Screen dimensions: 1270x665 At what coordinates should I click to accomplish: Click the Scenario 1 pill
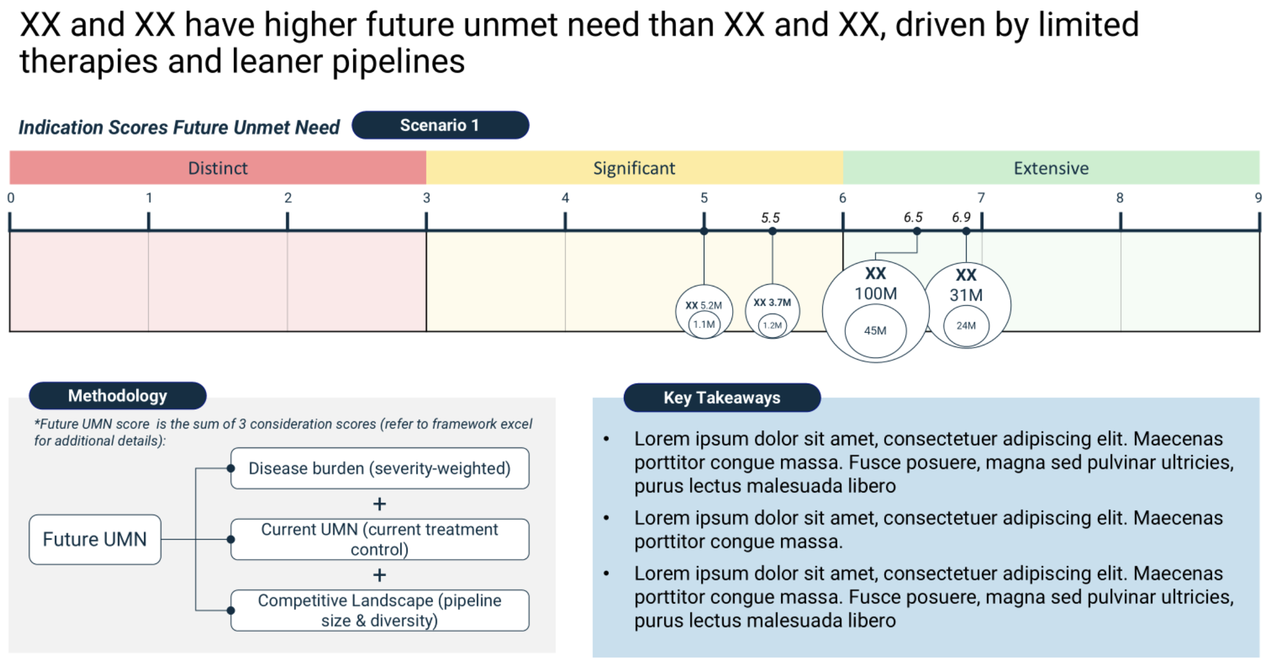pos(440,125)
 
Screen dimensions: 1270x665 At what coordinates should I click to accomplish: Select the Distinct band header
pos(218,168)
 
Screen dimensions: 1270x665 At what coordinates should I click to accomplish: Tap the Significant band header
pos(634,168)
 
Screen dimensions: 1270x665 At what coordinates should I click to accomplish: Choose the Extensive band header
pos(1051,168)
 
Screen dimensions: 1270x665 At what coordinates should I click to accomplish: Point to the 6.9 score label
pos(961,217)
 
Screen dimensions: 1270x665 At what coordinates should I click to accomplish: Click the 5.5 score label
pos(770,218)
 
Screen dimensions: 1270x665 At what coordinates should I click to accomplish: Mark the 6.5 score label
pos(913,217)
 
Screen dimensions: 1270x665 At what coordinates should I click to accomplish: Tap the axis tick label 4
pos(565,198)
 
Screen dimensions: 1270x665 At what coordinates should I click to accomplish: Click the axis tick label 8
pos(1120,198)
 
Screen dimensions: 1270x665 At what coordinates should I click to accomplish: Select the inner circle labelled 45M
pos(875,330)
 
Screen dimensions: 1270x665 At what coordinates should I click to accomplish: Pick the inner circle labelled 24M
pos(966,326)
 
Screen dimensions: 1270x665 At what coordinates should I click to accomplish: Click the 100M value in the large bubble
pos(876,294)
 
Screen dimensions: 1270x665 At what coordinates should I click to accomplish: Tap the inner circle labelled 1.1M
pos(704,324)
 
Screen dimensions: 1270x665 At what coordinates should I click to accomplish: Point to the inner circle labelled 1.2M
pos(773,325)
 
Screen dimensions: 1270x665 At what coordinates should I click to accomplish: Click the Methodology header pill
pos(118,396)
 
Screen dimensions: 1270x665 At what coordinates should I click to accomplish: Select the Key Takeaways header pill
pos(722,397)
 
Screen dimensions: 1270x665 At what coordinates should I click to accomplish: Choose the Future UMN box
pos(95,539)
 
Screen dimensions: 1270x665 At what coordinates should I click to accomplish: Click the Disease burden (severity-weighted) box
pos(380,468)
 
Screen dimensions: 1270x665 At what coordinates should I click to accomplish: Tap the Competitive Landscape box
pos(380,610)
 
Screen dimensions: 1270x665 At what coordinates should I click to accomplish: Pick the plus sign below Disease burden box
pos(379,504)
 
